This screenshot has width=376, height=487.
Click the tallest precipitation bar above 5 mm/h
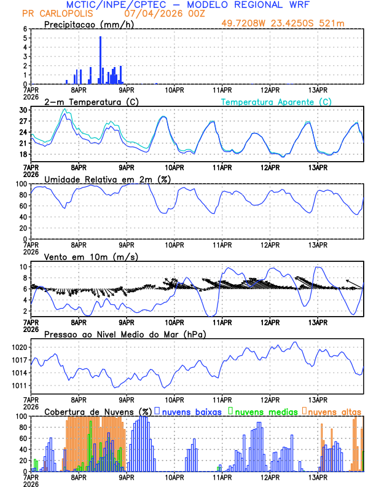coord(101,60)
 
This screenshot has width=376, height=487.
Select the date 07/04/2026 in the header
coord(149,14)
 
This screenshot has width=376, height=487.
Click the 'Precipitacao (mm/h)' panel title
coord(89,24)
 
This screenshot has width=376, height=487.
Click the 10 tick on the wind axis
coord(23,267)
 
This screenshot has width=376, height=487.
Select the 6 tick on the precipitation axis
coord(25,29)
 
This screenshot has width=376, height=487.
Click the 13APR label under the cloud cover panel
coord(318,477)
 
